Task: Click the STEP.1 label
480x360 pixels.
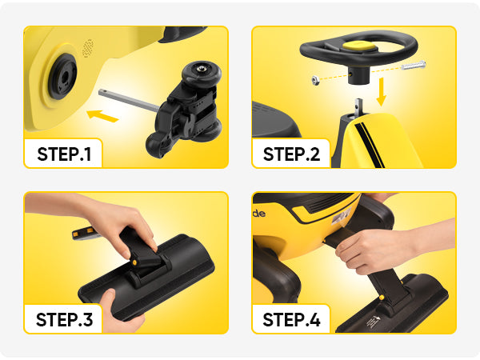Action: (x=64, y=154)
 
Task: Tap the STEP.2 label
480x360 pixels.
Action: (x=291, y=154)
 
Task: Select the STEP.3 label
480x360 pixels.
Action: (x=64, y=319)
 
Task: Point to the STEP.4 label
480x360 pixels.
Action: (x=291, y=319)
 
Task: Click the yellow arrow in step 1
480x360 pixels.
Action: (x=102, y=116)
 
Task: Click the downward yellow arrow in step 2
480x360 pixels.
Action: (x=381, y=91)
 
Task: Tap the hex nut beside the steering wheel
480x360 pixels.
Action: (x=315, y=81)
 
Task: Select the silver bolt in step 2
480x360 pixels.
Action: (x=414, y=66)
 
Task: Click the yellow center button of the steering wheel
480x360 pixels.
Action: (x=359, y=46)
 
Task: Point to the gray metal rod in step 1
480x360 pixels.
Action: (x=129, y=100)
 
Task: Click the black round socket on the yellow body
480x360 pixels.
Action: (x=63, y=76)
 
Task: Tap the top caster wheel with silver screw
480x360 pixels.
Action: (x=201, y=73)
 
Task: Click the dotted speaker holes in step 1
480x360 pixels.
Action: (x=88, y=48)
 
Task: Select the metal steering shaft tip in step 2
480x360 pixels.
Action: (x=358, y=106)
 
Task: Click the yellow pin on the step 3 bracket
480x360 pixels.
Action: (x=134, y=262)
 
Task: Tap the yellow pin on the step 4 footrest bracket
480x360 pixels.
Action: (x=382, y=298)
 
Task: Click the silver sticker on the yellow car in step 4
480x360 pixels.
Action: (x=341, y=216)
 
